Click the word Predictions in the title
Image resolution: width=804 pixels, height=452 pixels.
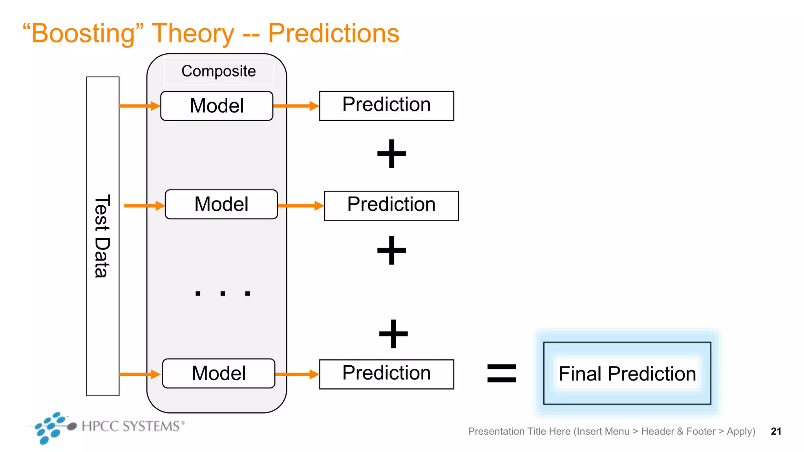[333, 34]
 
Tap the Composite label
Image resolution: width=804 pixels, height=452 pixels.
[218, 71]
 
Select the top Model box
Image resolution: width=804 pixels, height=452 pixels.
[217, 106]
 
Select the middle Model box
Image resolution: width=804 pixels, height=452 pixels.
[221, 204]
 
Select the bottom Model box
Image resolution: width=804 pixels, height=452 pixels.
[219, 374]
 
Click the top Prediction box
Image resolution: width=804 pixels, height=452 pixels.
[387, 106]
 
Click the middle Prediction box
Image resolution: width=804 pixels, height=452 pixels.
[391, 206]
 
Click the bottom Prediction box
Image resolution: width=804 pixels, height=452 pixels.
[387, 374]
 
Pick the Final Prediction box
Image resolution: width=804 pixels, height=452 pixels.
[627, 373]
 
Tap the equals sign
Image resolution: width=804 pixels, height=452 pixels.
[501, 373]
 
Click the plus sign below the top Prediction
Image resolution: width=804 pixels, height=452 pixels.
[391, 153]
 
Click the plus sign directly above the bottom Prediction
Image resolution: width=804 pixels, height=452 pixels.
[393, 334]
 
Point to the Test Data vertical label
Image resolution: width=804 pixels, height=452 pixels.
[102, 236]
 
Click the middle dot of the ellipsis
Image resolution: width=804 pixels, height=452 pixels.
[223, 293]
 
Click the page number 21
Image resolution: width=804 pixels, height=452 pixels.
[776, 431]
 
